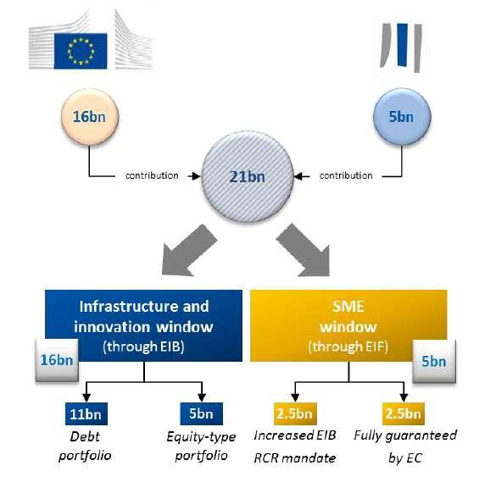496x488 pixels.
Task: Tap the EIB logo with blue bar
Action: tap(401, 47)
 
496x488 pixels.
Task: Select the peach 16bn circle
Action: tap(90, 117)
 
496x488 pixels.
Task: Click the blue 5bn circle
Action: tap(402, 117)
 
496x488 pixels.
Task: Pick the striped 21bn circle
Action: tap(248, 176)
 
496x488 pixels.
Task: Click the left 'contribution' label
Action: tap(152, 175)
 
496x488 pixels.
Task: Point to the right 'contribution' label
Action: tap(346, 175)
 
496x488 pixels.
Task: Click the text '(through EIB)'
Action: tap(143, 347)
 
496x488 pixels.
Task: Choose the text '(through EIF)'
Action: tap(348, 347)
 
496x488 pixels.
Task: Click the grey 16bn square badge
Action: tap(57, 360)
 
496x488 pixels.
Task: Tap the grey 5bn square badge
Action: tap(434, 361)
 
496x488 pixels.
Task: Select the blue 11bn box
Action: tap(86, 413)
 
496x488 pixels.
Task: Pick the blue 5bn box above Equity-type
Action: tap(202, 413)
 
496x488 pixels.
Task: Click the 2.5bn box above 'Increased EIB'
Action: tap(295, 413)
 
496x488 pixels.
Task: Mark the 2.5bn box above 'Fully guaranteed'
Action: tap(404, 413)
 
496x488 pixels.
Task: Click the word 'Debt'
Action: tap(85, 437)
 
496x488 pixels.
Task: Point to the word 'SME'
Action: tap(348, 306)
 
